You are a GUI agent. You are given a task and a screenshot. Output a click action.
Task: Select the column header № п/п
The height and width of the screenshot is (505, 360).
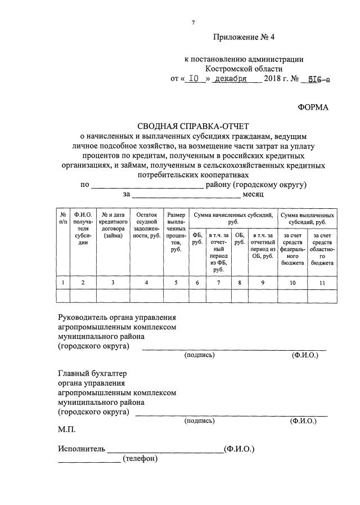click(x=62, y=218)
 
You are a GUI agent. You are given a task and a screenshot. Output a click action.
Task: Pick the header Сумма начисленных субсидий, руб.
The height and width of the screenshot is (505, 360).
click(x=233, y=218)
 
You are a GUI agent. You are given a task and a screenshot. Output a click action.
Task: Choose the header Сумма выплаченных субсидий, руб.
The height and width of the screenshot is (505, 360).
click(x=307, y=218)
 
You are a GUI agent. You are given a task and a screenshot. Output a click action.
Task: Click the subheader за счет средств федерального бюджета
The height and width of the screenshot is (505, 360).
click(x=292, y=248)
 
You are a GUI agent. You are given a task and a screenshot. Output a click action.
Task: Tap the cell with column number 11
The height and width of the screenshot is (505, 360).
click(x=322, y=283)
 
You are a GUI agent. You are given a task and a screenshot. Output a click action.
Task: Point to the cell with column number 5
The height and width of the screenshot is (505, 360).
click(x=176, y=283)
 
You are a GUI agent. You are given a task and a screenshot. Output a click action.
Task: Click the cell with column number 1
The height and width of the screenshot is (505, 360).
click(x=62, y=283)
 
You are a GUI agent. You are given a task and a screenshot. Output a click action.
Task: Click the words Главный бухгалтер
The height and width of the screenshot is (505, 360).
click(x=93, y=373)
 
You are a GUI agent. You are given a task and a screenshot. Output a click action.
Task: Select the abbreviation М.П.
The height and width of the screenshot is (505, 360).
click(x=66, y=430)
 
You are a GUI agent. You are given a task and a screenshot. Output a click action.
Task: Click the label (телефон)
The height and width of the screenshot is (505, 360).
click(x=140, y=459)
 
